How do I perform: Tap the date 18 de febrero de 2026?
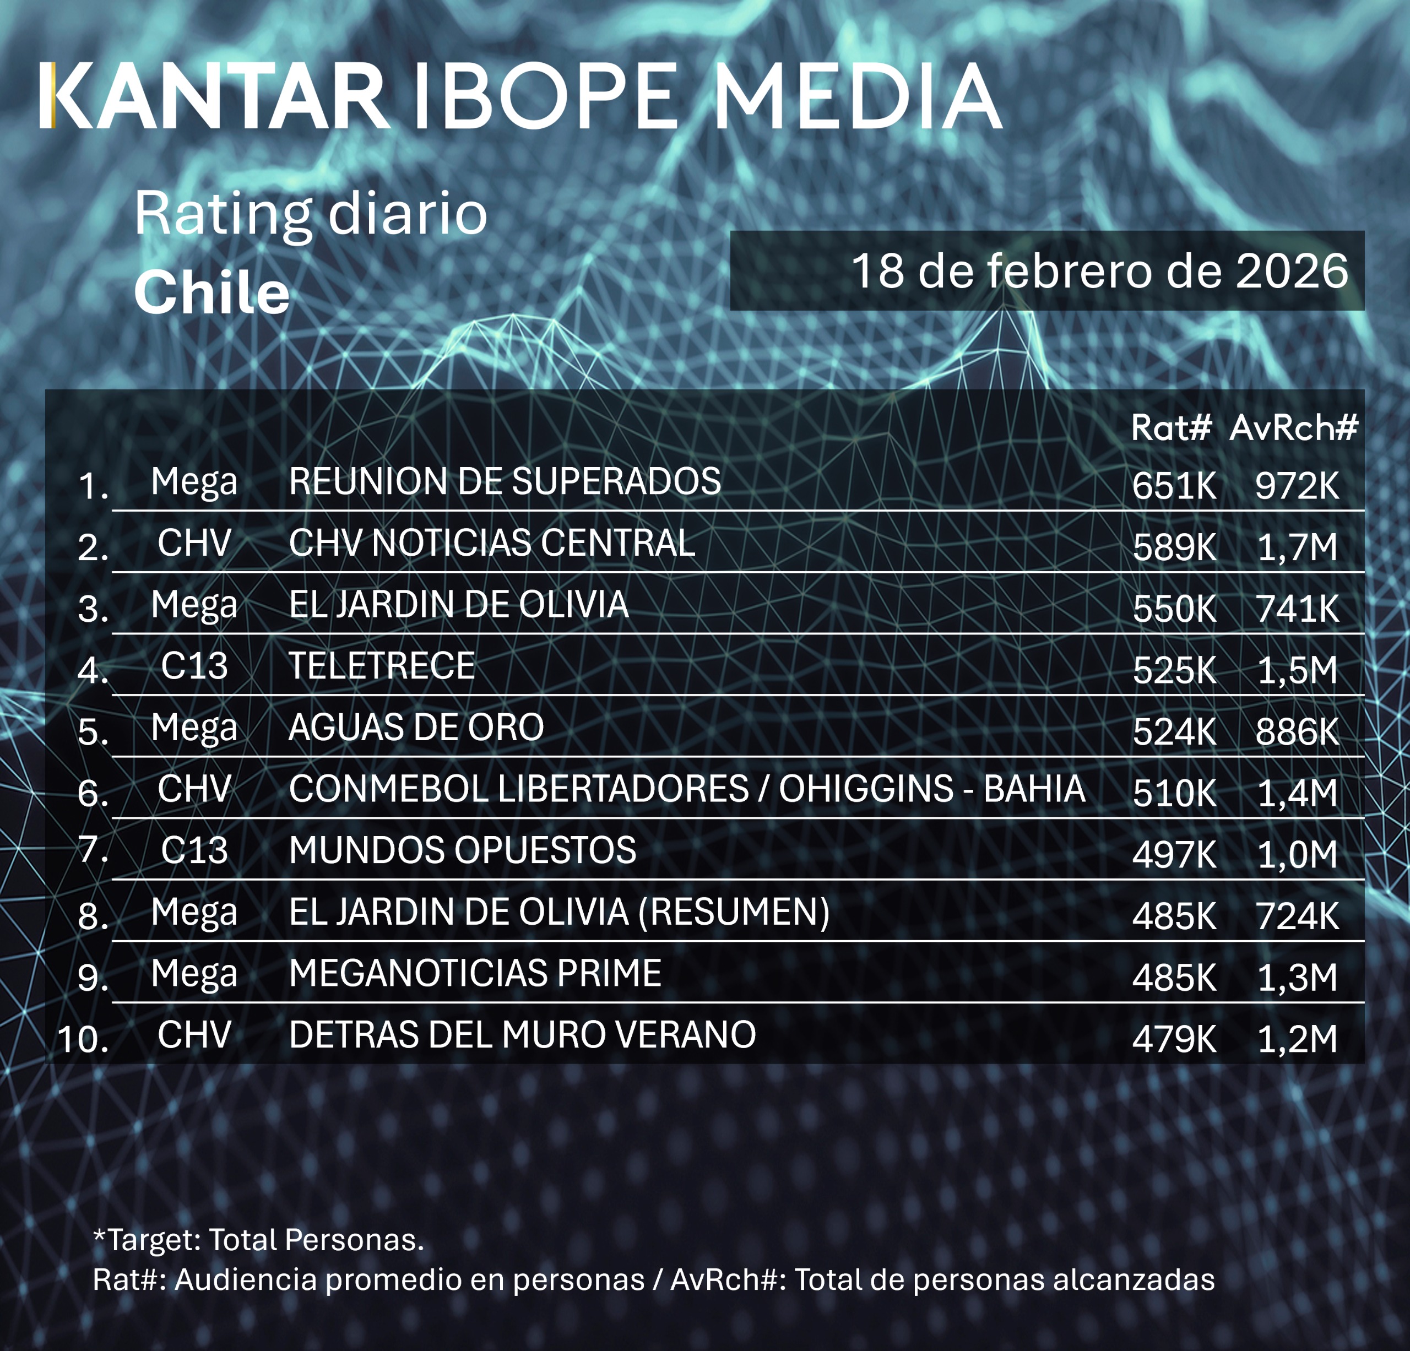(1099, 271)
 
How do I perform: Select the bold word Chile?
(211, 294)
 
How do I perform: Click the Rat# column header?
(1171, 428)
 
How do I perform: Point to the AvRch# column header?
(1293, 428)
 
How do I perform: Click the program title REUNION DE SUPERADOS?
(505, 481)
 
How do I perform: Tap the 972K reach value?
(1297, 486)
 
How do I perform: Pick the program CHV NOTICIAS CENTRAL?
(492, 542)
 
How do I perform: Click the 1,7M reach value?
(1297, 547)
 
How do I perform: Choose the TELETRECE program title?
(381, 665)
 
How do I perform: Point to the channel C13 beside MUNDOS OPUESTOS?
(194, 850)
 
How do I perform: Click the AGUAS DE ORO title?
(416, 728)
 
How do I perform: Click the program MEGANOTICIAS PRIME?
(475, 973)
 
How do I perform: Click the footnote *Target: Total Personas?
(259, 1240)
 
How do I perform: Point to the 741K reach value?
(1297, 609)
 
